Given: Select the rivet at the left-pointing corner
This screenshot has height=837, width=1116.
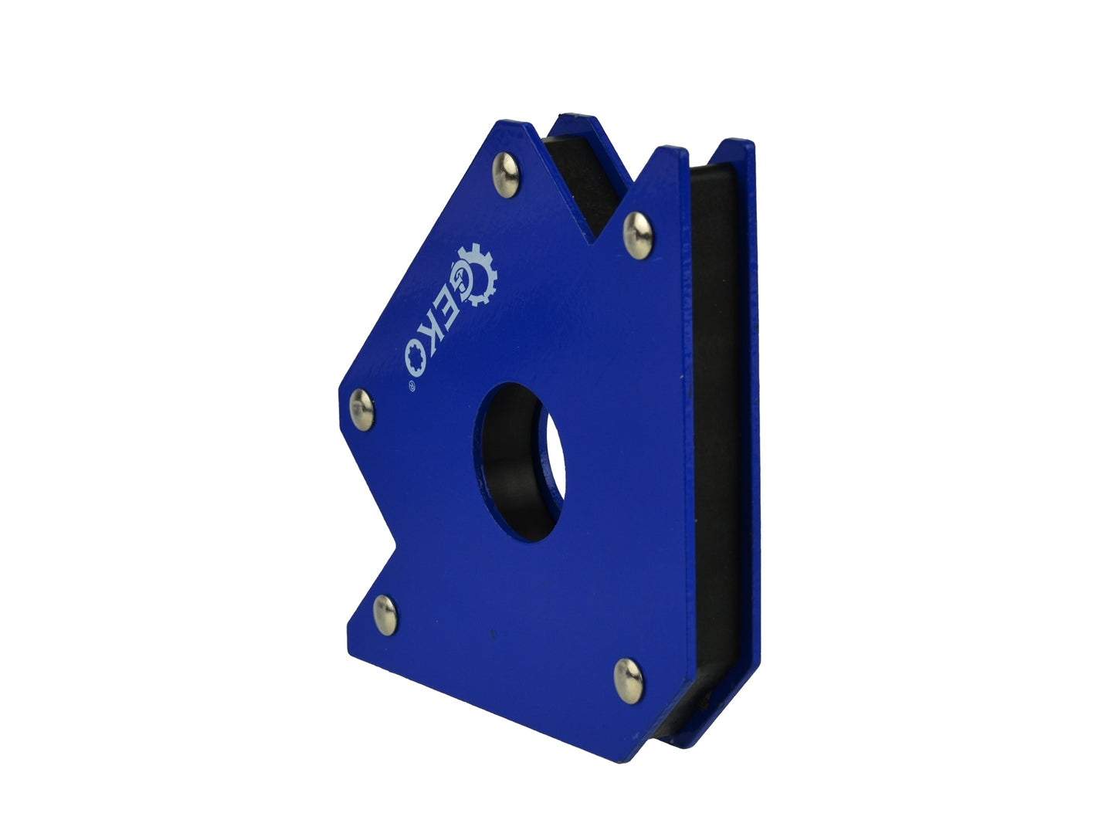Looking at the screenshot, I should [x=362, y=408].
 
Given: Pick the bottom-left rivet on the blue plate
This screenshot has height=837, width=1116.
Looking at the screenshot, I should [x=385, y=615].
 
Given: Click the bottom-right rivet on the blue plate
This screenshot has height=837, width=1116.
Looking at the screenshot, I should [x=628, y=680].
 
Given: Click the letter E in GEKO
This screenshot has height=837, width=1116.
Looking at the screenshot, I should [x=443, y=307].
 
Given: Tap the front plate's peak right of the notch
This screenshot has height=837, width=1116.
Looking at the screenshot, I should [x=684, y=148].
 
